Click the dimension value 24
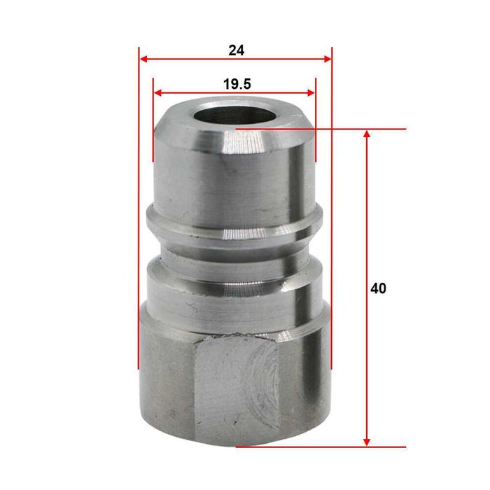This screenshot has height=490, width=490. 236,50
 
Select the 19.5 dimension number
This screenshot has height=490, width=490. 237,84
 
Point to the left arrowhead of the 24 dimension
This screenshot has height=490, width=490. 143,59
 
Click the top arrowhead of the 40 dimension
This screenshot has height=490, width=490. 366,134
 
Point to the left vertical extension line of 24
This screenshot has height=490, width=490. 139,210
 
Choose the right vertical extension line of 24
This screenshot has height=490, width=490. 331,210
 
